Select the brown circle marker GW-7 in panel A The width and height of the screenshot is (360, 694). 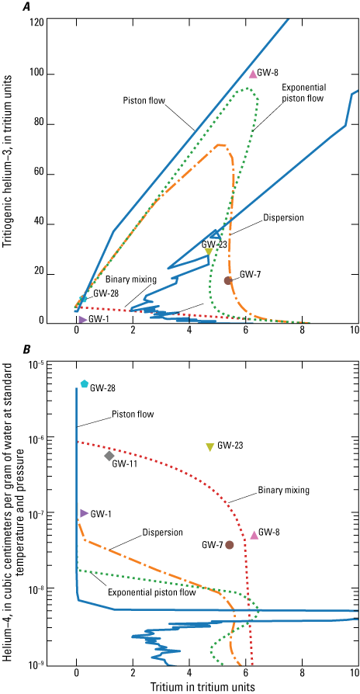[228, 280]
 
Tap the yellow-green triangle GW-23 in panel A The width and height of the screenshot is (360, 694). [209, 252]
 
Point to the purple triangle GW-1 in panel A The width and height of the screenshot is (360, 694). [82, 319]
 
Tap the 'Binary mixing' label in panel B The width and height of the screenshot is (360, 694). [285, 490]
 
